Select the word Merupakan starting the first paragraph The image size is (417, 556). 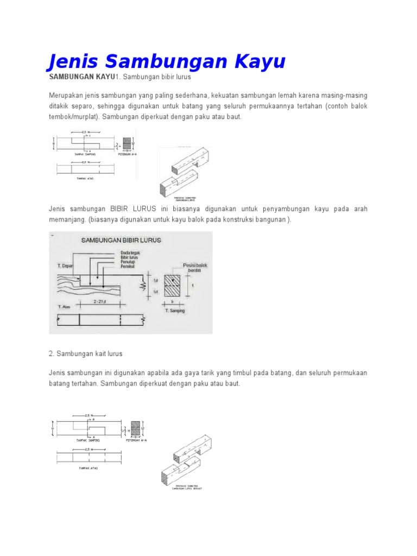click(66, 96)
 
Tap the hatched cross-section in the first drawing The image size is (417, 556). click(127, 143)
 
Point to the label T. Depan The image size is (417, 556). click(66, 266)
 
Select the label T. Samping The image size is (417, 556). click(174, 311)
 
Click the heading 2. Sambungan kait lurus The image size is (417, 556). click(86, 353)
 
